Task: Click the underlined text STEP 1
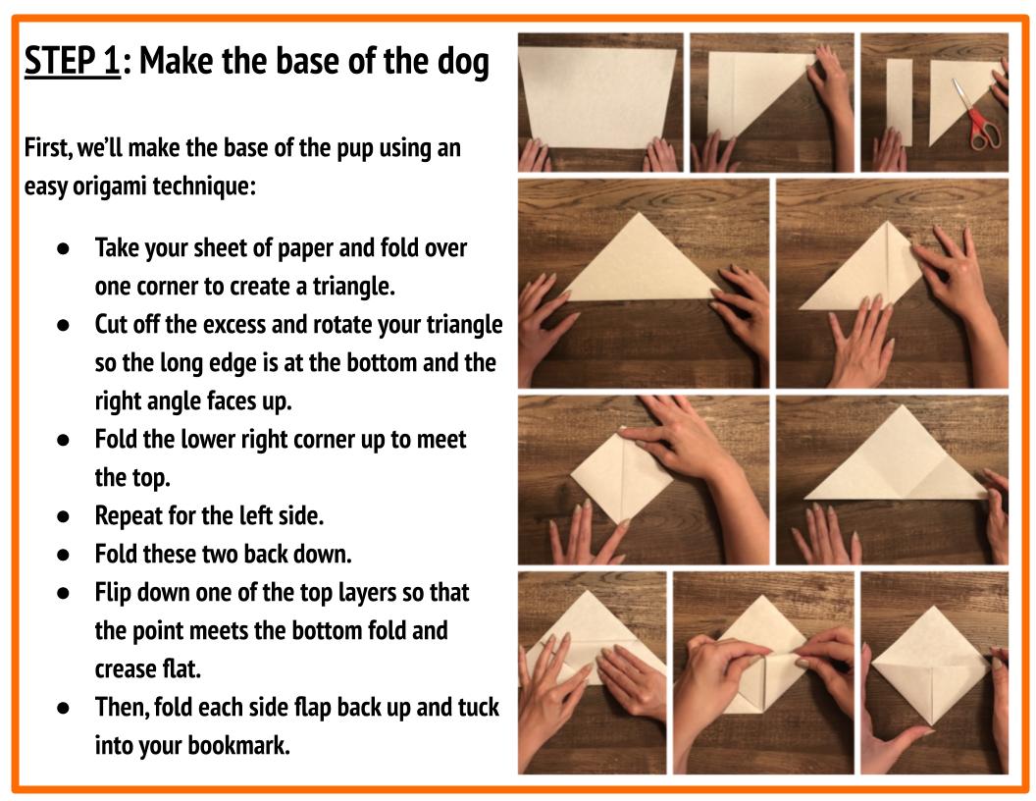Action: (72, 62)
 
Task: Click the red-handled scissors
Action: (977, 119)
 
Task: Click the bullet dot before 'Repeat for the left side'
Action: (62, 515)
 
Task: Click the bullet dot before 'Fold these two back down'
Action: (62, 555)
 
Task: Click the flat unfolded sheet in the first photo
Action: (597, 96)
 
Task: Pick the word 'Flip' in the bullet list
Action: (114, 593)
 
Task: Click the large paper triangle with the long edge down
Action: (643, 263)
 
